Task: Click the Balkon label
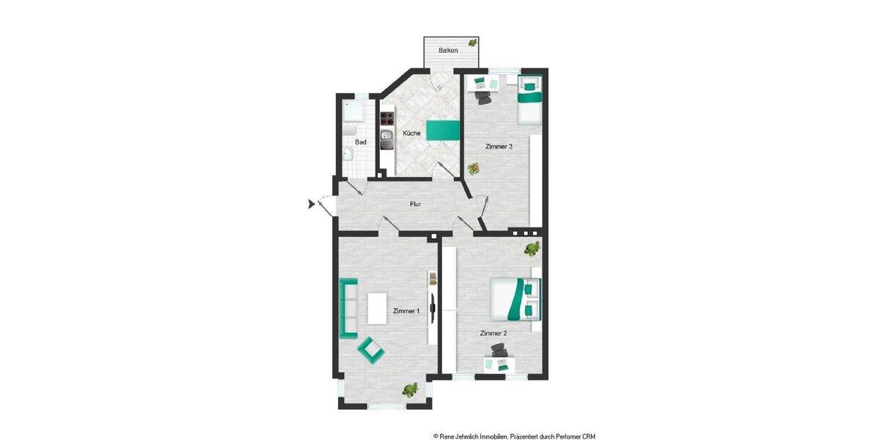point(448,51)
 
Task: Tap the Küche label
point(411,133)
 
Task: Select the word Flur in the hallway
point(415,204)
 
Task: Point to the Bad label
point(361,142)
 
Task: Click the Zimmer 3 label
point(499,147)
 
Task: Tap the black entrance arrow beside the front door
point(311,204)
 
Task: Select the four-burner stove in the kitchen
point(386,117)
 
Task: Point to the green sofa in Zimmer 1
point(348,308)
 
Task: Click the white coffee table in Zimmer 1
point(378,308)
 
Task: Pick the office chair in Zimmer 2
point(499,351)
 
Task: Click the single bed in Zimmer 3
point(529,99)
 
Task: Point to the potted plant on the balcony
point(473,43)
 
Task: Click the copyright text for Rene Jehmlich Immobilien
point(514,436)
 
